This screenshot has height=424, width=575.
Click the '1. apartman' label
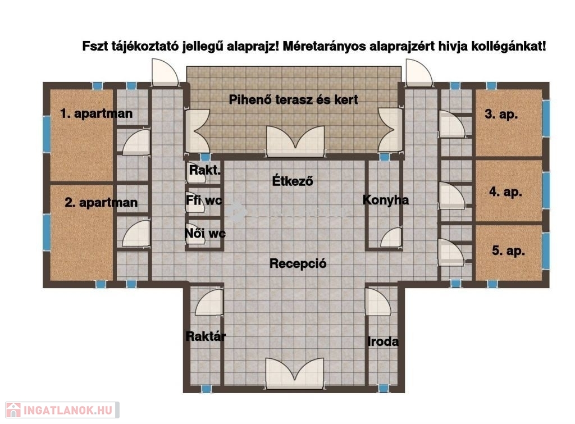pyautogui.click(x=97, y=113)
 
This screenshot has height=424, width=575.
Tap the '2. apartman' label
pyautogui.click(x=101, y=203)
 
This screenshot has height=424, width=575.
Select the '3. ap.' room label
pyautogui.click(x=501, y=114)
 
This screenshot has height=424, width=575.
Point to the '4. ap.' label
pyautogui.click(x=505, y=192)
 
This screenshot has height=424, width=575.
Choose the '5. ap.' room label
pyautogui.click(x=508, y=251)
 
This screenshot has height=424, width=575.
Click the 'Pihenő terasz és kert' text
pyautogui.click(x=293, y=100)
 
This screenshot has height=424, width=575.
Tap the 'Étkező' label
pyautogui.click(x=293, y=181)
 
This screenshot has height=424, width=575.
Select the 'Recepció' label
pyautogui.click(x=298, y=263)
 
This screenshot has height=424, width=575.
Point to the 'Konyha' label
pyautogui.click(x=385, y=200)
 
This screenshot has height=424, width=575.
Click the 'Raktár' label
pyautogui.click(x=206, y=336)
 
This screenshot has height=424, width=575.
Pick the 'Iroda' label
pyautogui.click(x=383, y=342)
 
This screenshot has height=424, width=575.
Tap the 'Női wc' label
pyautogui.click(x=205, y=233)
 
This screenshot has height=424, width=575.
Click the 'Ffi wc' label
pyautogui.click(x=204, y=200)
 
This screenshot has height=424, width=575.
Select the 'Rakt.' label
pyautogui.click(x=204, y=170)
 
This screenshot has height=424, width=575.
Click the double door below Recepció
pyautogui.click(x=295, y=373)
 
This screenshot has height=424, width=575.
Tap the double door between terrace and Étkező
pyautogui.click(x=295, y=141)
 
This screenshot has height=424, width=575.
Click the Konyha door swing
pyautogui.click(x=391, y=238)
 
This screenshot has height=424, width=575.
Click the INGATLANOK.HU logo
pyautogui.click(x=62, y=410)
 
